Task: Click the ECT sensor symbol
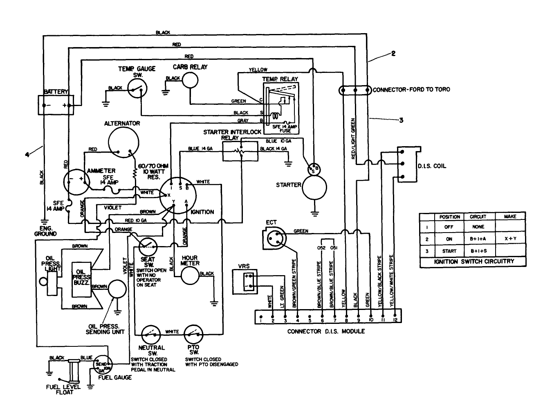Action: point(273,238)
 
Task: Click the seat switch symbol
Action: point(148,247)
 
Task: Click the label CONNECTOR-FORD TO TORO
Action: point(411,90)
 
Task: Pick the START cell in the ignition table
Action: point(449,251)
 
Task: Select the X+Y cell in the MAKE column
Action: point(510,239)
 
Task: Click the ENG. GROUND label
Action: point(45,231)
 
